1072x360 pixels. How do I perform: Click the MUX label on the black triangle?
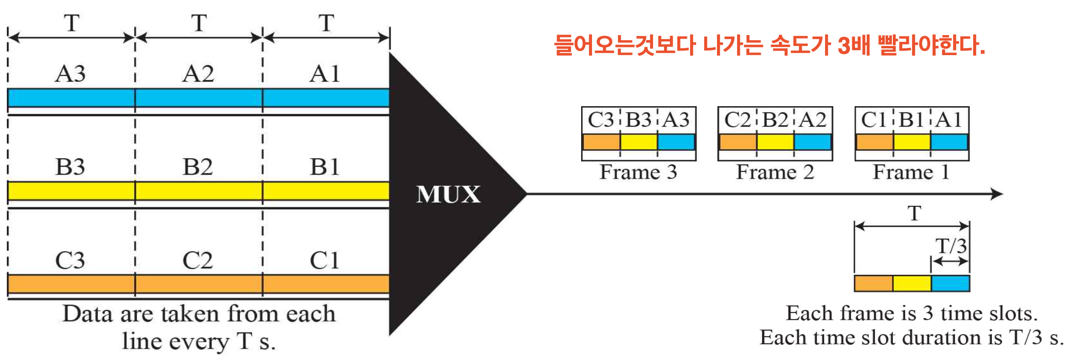(x=448, y=195)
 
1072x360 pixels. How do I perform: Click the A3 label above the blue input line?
(x=70, y=74)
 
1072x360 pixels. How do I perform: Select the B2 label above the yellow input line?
(x=198, y=167)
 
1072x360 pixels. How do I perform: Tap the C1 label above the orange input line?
(x=325, y=261)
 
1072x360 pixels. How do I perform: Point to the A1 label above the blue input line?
(x=325, y=74)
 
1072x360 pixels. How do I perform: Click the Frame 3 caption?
(x=638, y=172)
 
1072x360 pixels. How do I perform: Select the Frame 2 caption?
(x=775, y=172)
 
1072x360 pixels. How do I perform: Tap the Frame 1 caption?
(x=911, y=172)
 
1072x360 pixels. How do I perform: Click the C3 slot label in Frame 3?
(x=601, y=120)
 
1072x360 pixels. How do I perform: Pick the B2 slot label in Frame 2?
(x=775, y=120)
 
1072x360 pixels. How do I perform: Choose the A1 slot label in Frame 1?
(x=949, y=120)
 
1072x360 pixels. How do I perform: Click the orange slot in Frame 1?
(x=875, y=142)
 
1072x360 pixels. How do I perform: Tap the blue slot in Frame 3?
(x=676, y=142)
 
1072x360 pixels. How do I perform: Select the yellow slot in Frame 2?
(x=775, y=142)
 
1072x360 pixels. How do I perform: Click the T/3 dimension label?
(x=951, y=247)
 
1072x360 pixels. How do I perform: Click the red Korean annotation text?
(x=769, y=46)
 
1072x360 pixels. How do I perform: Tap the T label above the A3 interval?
(x=72, y=23)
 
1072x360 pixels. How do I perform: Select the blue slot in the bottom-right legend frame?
(x=950, y=283)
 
